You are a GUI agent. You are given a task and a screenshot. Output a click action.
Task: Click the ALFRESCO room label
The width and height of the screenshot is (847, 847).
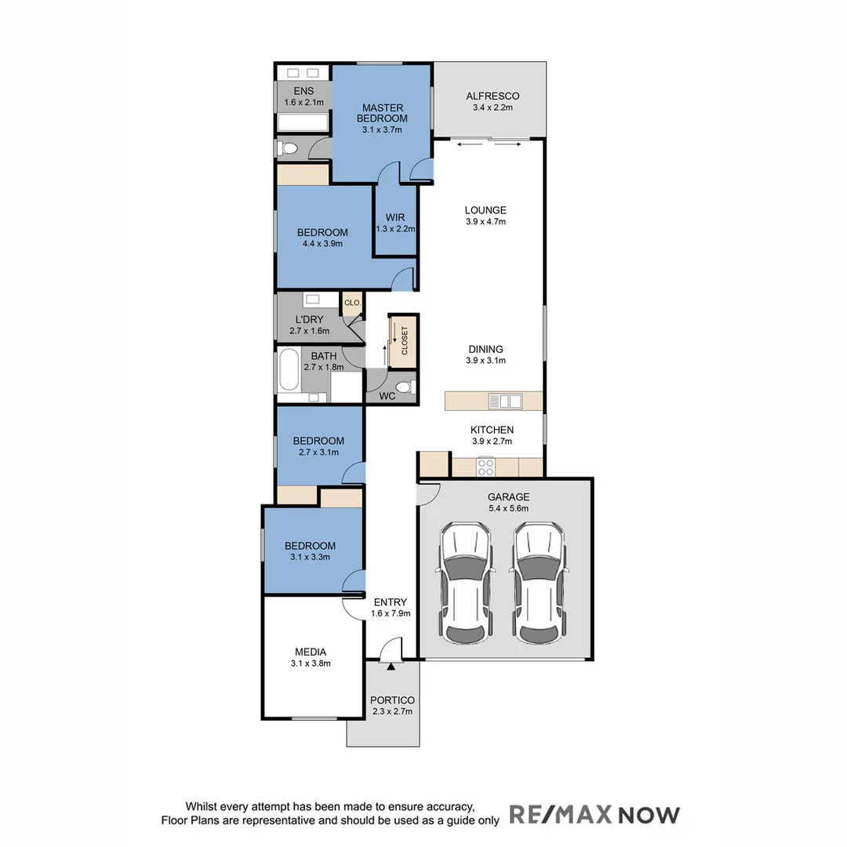(x=493, y=96)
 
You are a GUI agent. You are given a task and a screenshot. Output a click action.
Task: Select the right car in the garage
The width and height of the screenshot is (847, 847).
(x=539, y=581)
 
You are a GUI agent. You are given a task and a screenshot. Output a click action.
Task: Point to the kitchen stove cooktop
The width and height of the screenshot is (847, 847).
(x=485, y=467)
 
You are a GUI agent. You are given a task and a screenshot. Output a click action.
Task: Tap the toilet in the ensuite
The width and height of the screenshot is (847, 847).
(x=287, y=147)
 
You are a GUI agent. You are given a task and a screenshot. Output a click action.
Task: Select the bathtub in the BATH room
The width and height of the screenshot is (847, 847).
(x=289, y=370)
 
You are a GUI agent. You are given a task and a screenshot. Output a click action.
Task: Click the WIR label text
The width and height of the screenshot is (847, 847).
(x=394, y=217)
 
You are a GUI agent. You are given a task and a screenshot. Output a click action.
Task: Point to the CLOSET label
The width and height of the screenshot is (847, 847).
(x=405, y=341)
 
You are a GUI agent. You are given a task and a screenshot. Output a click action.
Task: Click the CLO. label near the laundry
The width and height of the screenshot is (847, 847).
(x=352, y=302)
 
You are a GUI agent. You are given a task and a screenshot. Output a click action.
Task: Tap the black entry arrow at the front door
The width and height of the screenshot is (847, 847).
(x=390, y=666)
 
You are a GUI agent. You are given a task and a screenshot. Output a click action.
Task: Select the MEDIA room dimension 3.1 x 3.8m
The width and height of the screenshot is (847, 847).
(x=311, y=663)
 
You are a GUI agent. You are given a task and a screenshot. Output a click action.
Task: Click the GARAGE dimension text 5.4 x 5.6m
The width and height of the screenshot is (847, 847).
(x=508, y=508)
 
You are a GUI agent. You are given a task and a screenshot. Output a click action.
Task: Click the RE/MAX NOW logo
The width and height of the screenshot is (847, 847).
(x=594, y=814)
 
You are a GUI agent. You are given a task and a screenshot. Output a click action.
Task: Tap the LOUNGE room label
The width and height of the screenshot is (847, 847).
(x=485, y=210)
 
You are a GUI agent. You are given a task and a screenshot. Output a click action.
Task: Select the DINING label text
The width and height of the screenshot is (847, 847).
(x=485, y=350)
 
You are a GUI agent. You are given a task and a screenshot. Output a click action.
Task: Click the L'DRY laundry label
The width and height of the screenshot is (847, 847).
(x=310, y=320)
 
